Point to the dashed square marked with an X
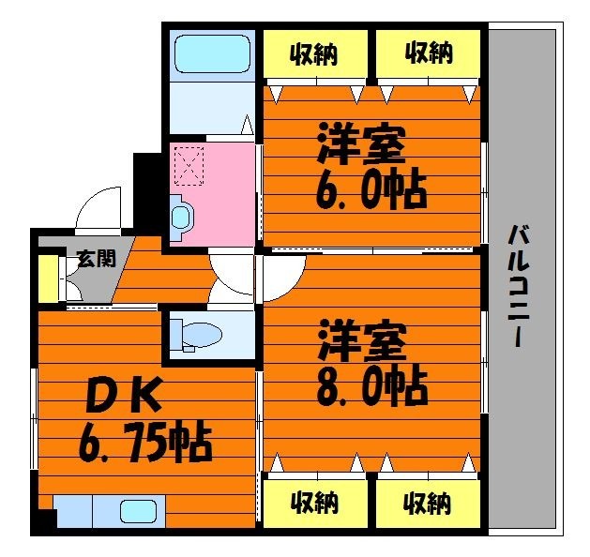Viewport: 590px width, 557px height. click(x=189, y=166)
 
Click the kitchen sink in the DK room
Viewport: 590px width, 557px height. click(x=138, y=512)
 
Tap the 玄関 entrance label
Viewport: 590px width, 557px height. click(x=96, y=259)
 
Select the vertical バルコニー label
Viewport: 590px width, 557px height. click(x=517, y=286)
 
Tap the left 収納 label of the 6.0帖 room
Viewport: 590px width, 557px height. click(x=313, y=53)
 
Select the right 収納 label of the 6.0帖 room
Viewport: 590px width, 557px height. click(x=429, y=53)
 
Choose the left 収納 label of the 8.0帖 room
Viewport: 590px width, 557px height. click(x=313, y=503)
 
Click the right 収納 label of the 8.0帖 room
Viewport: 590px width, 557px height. click(x=429, y=503)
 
